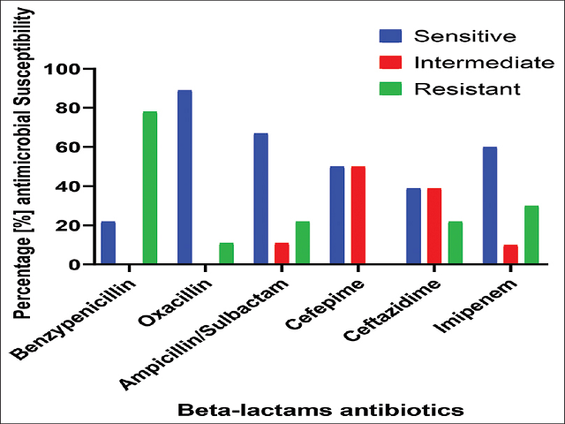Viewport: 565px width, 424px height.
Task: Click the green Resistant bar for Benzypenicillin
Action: (x=149, y=188)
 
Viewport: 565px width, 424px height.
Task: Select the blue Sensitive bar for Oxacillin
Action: (x=185, y=178)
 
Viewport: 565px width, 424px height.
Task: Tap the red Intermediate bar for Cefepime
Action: (x=358, y=216)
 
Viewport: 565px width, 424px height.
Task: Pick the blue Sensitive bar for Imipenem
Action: (x=490, y=206)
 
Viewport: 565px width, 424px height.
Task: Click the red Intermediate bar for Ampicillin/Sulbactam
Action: (x=282, y=254)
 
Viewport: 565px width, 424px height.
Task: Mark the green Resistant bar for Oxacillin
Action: (x=226, y=254)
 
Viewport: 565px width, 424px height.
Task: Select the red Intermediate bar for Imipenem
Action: (x=510, y=254)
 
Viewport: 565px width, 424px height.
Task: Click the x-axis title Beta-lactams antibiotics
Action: (x=319, y=411)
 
